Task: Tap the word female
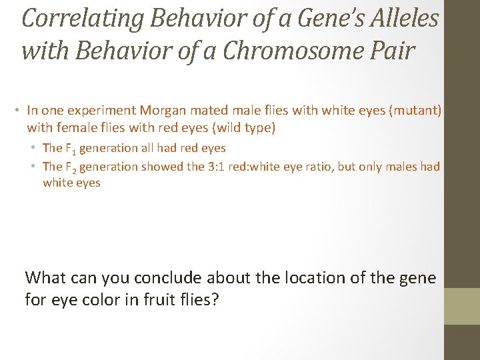71,127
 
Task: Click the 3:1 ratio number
219,167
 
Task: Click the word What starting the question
46,277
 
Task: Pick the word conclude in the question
170,277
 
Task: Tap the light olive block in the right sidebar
461,306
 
